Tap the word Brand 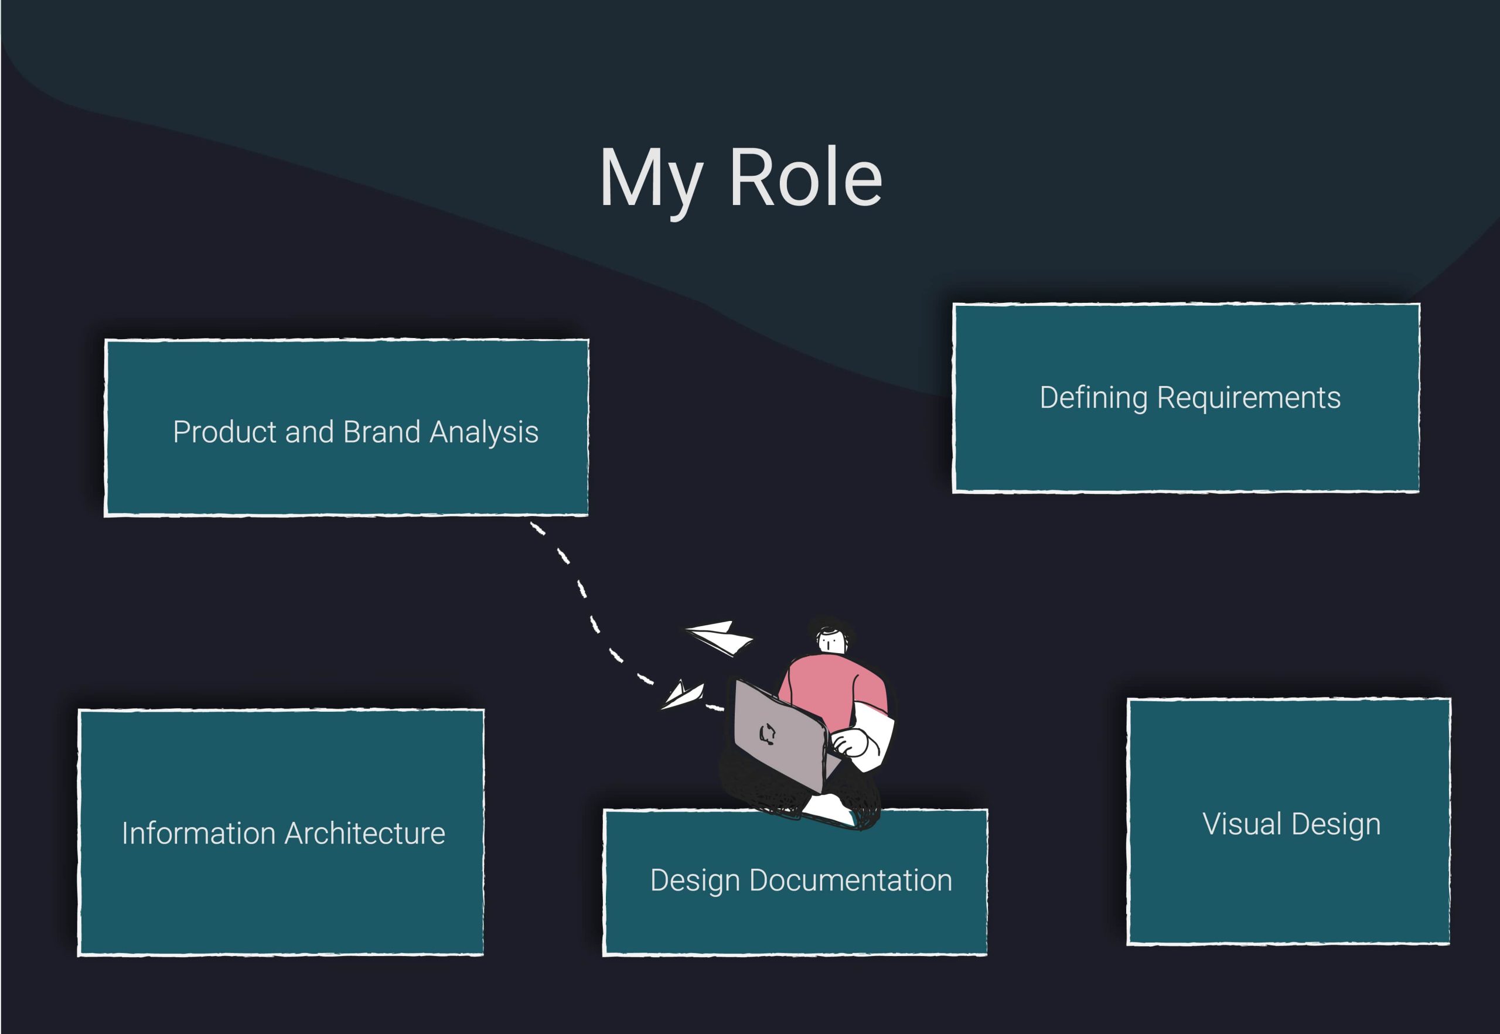pos(381,432)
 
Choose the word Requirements pos(1249,398)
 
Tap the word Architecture pos(366,834)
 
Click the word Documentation pos(851,881)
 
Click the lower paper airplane pos(682,695)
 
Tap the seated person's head pos(831,638)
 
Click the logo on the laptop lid pos(767,734)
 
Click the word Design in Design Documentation pos(694,881)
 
